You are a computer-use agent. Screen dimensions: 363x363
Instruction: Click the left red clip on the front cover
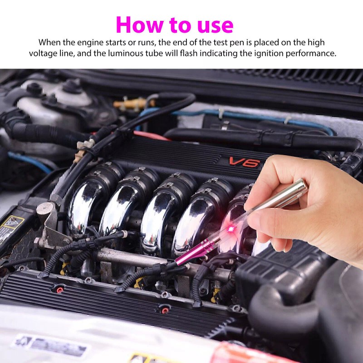[59, 288]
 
